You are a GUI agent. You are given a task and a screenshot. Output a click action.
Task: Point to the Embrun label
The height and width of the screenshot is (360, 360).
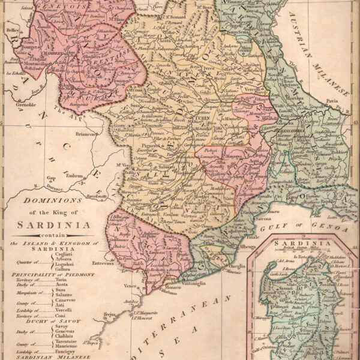(x=74, y=177)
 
